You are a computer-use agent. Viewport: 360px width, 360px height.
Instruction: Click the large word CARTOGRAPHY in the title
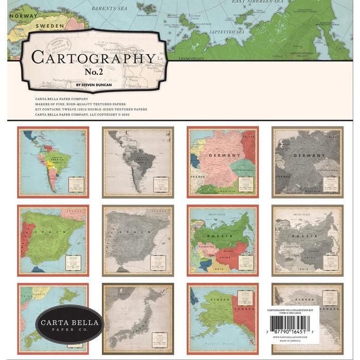click(x=93, y=57)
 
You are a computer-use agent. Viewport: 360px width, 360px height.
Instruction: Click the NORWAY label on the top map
click(x=20, y=15)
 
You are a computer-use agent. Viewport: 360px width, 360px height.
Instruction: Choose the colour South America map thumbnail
click(x=53, y=162)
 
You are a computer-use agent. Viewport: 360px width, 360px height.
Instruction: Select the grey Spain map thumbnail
click(x=138, y=241)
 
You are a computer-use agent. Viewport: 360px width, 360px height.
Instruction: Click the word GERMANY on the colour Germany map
click(x=225, y=155)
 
